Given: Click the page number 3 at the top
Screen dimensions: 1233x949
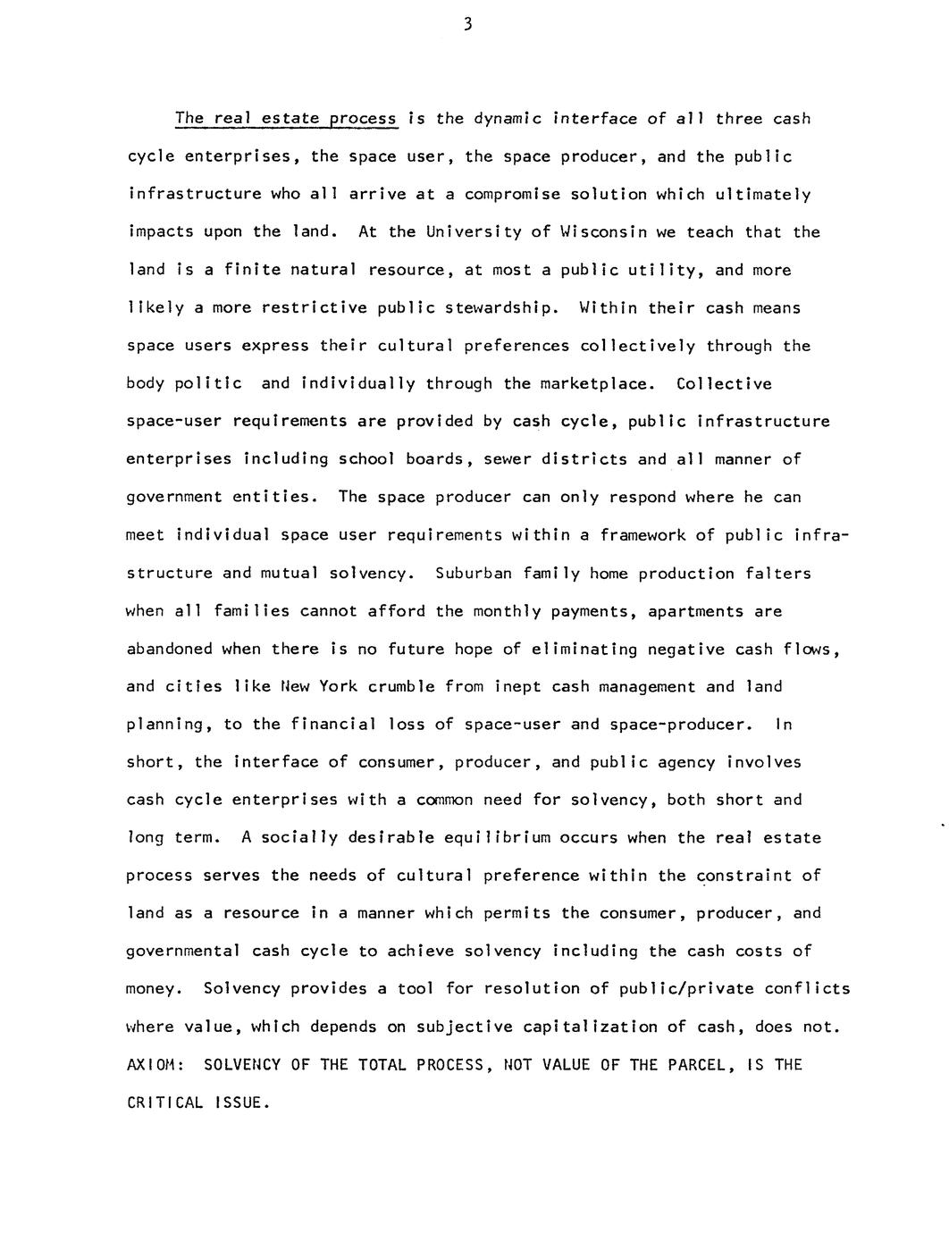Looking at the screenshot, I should coord(467,25).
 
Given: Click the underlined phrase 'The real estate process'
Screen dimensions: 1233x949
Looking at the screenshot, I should coord(286,119).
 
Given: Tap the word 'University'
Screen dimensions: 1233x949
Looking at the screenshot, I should coord(474,232).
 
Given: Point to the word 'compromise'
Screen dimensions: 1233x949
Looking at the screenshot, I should coord(512,195).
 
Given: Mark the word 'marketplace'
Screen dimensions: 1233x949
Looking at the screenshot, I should coord(596,384).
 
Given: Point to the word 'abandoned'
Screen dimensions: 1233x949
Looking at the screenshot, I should coord(170,650).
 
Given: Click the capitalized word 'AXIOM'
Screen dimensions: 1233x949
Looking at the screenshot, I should coord(155,1065).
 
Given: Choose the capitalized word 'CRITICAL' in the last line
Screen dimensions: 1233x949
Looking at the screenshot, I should coord(164,1103).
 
